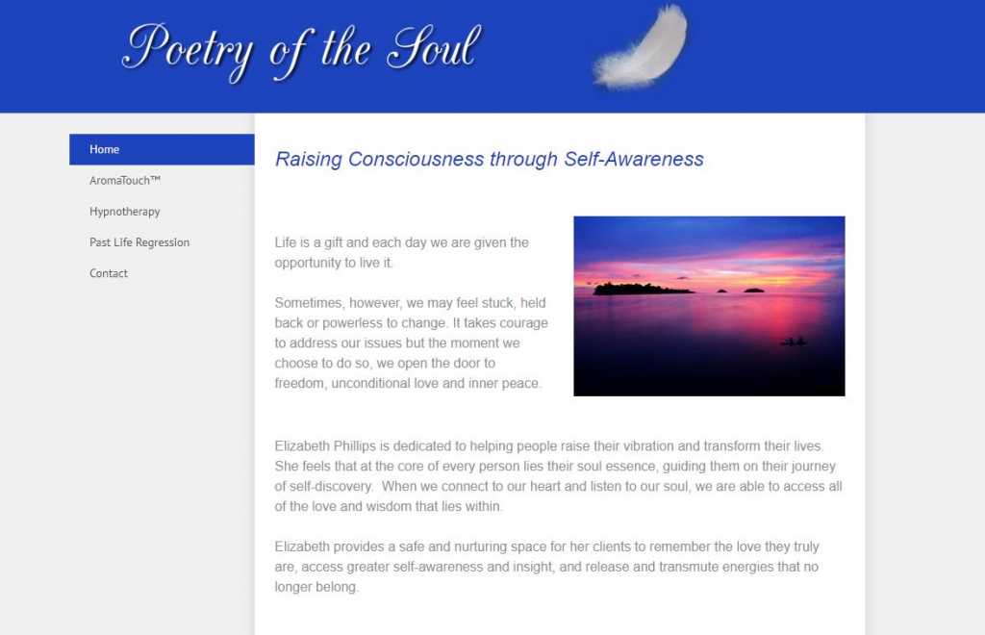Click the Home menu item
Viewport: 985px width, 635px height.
162,149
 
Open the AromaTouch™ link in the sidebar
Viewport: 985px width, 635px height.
125,180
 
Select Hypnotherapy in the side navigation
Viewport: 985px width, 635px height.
124,212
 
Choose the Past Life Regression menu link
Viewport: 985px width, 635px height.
139,242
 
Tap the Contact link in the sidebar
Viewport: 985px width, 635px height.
108,273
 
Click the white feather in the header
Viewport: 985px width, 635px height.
642,48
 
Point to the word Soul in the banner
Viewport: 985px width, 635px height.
434,47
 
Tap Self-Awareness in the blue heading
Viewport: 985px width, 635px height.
633,159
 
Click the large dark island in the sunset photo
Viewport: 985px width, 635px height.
641,289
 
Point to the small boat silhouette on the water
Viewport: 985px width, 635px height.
794,342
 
